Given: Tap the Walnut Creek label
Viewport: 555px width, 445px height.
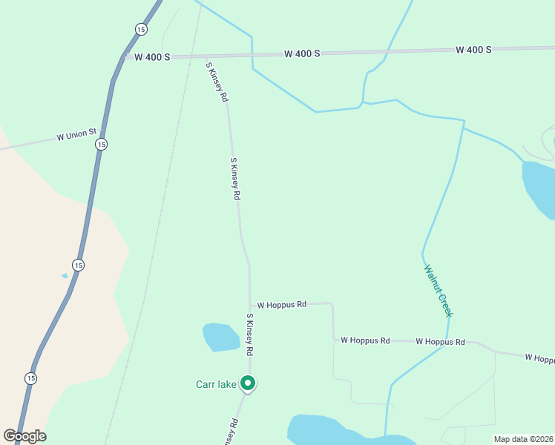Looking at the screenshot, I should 438,290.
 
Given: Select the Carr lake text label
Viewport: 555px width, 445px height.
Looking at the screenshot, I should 216,384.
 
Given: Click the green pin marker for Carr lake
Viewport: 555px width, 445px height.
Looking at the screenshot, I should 249,383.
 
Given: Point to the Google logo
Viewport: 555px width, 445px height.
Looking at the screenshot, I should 24,436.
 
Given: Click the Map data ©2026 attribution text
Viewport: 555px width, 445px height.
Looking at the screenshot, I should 524,439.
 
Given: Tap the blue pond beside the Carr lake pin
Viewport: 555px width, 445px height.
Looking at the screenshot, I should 221,337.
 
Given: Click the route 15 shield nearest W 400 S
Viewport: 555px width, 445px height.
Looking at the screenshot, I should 141,29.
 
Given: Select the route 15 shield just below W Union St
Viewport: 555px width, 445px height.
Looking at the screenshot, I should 101,144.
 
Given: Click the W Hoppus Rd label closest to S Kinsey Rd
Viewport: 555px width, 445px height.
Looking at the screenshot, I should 281,305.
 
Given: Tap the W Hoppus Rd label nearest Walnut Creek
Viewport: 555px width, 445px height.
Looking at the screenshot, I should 440,342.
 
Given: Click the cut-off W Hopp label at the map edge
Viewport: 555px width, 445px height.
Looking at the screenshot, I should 539,358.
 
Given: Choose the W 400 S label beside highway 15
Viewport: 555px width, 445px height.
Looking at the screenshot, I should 152,56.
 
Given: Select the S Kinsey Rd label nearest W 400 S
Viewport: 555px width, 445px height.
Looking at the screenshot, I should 217,82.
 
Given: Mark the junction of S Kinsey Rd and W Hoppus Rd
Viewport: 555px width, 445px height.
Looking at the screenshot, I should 250,306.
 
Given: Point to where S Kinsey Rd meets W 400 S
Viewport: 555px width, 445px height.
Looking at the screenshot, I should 204,56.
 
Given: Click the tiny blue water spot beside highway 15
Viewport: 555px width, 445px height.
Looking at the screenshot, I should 65,276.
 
